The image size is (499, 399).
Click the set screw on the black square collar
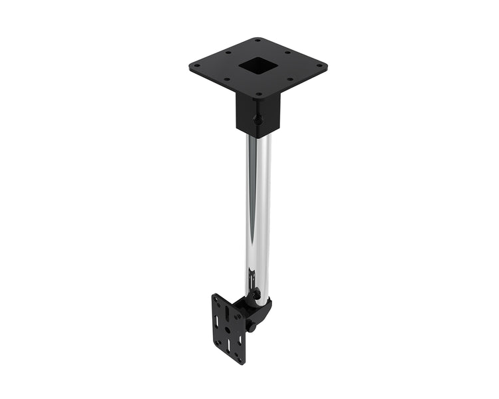(x=257, y=120)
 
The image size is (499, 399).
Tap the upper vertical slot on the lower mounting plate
(x=227, y=313)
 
